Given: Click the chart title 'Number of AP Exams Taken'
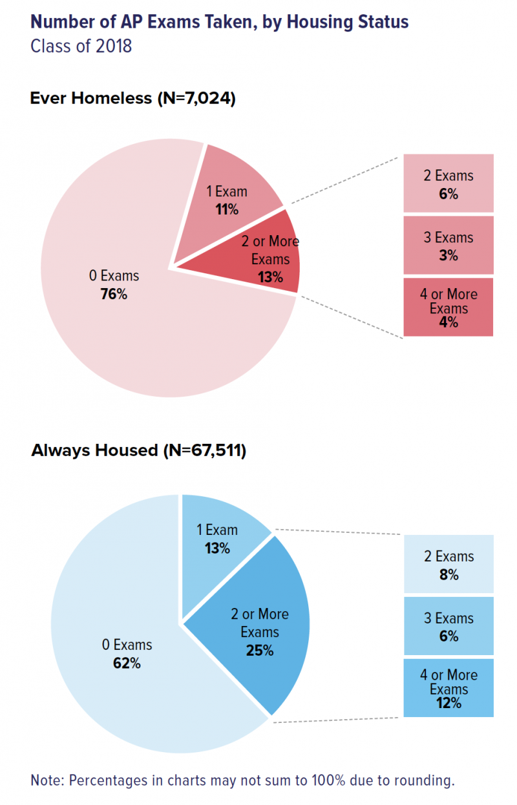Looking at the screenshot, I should click(x=220, y=22).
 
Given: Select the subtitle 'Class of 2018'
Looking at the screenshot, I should click(x=81, y=47).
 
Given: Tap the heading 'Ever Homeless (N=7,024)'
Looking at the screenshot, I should click(x=132, y=99).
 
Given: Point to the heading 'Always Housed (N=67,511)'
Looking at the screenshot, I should click(x=138, y=450).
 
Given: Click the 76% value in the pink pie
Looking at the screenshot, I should click(x=114, y=294).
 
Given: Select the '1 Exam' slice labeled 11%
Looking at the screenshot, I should click(x=227, y=200).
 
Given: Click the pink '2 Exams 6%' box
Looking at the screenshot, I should click(x=448, y=184).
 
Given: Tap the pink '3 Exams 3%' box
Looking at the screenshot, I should click(x=448, y=246).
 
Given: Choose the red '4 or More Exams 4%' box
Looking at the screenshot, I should click(x=448, y=308).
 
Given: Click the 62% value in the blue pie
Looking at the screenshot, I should click(x=127, y=663).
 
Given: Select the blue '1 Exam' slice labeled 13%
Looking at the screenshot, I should click(x=217, y=539).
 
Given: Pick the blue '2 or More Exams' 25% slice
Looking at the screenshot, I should click(x=260, y=632).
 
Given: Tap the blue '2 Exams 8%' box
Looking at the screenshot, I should click(x=448, y=565).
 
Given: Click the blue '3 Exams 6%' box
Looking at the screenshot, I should click(x=448, y=627).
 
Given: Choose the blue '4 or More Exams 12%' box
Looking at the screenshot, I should click(x=448, y=688).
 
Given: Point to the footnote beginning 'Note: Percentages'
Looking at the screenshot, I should click(x=242, y=780).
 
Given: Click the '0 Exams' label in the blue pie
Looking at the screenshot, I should click(x=127, y=645).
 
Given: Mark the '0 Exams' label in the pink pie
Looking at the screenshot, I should click(x=114, y=277).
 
